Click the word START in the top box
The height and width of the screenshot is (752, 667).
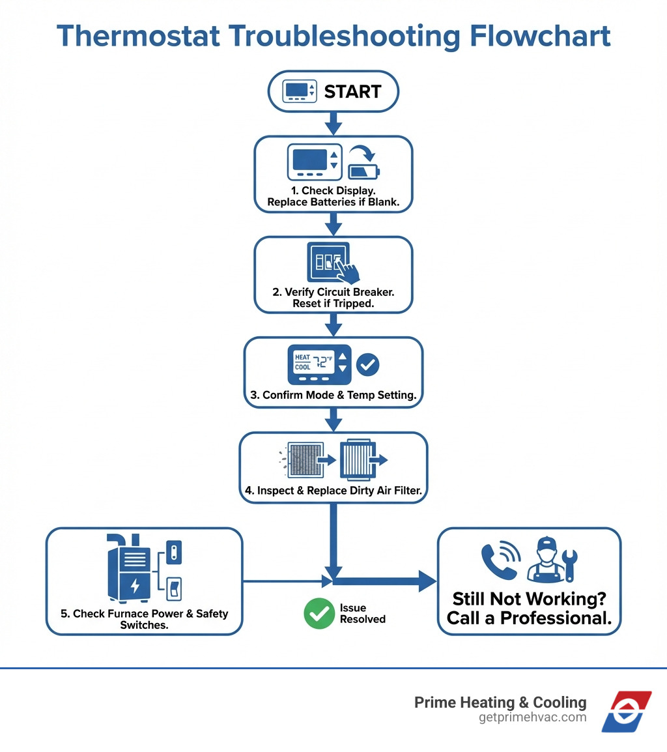pos(352,92)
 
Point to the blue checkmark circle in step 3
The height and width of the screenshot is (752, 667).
pos(369,364)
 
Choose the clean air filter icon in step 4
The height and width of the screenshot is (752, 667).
pos(356,460)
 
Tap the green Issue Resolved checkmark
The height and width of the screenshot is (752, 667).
pos(319,614)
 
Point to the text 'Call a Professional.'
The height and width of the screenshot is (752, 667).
pos(529,618)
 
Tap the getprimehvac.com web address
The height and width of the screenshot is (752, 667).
pos(532,717)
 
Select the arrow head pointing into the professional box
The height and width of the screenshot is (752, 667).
pos(427,581)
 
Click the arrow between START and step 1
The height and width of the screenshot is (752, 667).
pos(333,123)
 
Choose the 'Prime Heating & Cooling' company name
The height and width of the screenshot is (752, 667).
pos(500,702)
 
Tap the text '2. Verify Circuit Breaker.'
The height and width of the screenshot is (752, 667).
pos(333,292)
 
